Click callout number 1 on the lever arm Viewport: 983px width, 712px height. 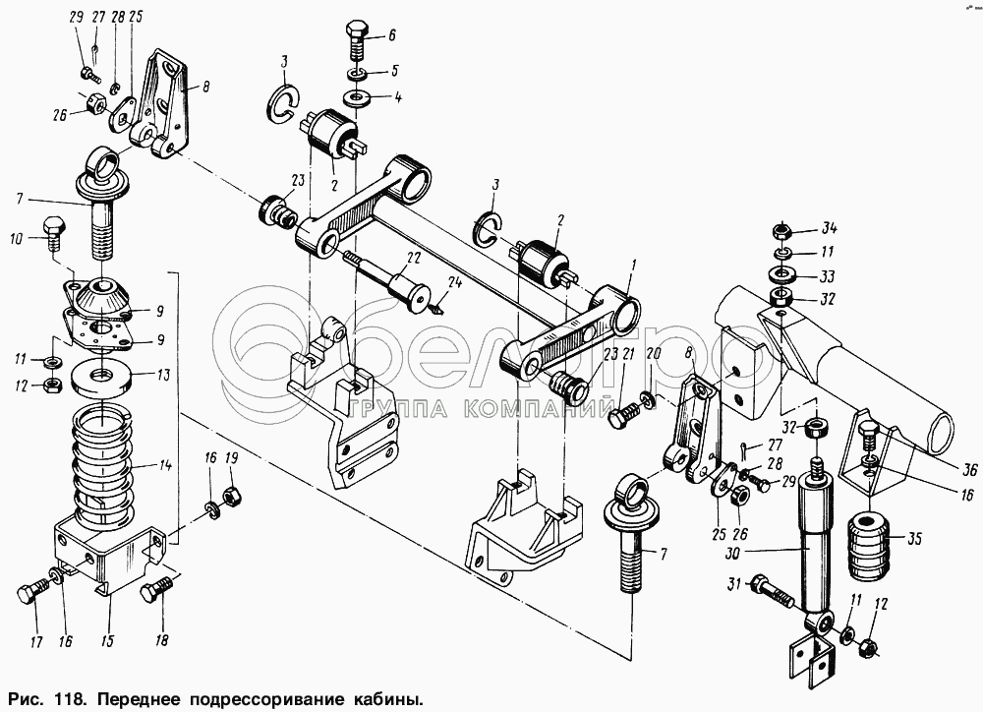(634, 264)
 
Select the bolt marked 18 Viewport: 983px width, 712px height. (153, 593)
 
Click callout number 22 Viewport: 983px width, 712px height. (415, 258)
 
